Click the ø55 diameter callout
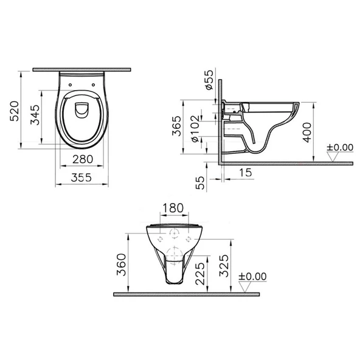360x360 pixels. coord(208,80)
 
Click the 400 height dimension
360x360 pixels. coord(309,131)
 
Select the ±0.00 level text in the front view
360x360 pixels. coord(252,276)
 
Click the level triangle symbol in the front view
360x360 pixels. coord(246,286)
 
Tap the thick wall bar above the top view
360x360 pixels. coord(82,69)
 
